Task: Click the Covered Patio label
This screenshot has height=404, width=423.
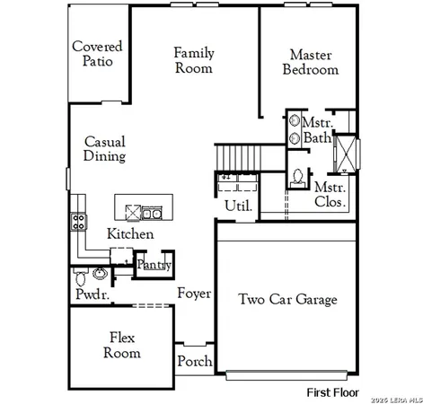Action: (97, 54)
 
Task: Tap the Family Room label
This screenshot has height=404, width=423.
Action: (194, 60)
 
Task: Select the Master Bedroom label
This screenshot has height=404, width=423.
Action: (311, 61)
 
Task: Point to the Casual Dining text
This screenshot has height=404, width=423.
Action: (104, 149)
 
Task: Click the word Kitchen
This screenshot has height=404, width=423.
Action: (130, 233)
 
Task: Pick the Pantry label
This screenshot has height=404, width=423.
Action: (154, 265)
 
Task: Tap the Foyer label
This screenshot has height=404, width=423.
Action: (194, 294)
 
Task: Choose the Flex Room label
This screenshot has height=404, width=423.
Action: (122, 345)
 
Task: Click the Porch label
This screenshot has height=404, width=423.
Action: (195, 361)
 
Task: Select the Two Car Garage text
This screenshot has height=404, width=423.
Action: (287, 299)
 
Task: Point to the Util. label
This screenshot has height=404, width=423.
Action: (238, 206)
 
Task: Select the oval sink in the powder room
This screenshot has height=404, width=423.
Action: (99, 273)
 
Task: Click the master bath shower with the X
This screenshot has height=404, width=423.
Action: (344, 153)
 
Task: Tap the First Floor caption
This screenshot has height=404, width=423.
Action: (332, 392)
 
